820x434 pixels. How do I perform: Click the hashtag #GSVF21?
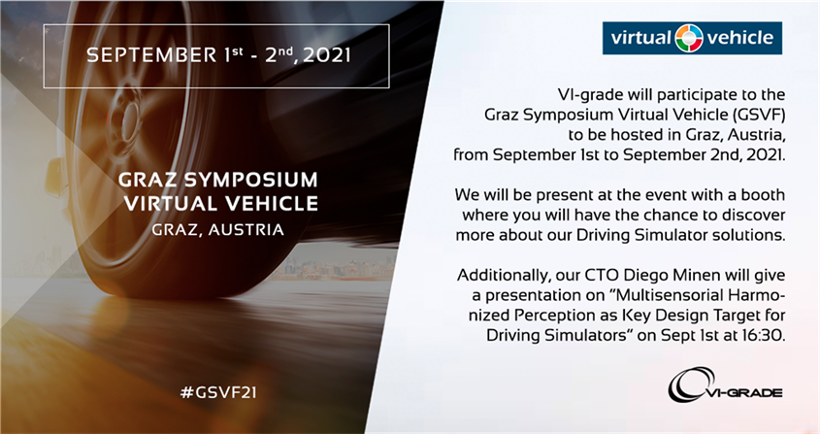(x=218, y=392)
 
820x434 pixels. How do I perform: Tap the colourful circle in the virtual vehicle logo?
(x=689, y=38)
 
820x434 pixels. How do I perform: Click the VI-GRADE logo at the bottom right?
(x=725, y=384)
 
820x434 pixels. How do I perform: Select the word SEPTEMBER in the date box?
(x=151, y=55)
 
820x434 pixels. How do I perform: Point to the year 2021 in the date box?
(x=327, y=55)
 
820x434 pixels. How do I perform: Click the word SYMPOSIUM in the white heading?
(x=250, y=180)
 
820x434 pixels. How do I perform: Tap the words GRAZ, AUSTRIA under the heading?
(x=218, y=229)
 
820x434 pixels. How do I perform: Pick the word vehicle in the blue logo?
(x=740, y=37)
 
